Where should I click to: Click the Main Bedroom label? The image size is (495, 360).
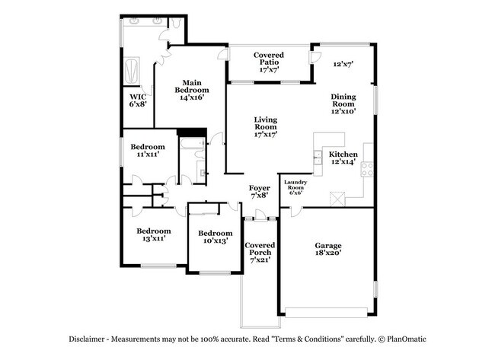[x=190, y=85]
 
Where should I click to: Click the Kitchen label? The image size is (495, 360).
[x=343, y=152]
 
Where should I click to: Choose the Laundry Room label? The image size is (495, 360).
[x=295, y=184]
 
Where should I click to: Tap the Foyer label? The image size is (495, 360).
[x=260, y=187]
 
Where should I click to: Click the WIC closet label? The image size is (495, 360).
[x=138, y=97]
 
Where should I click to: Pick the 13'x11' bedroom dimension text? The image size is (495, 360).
[x=153, y=238]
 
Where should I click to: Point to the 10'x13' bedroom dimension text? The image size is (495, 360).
[x=215, y=241]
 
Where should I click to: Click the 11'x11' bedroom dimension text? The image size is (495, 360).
[x=147, y=155]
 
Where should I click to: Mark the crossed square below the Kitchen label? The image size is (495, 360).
[x=337, y=197]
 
